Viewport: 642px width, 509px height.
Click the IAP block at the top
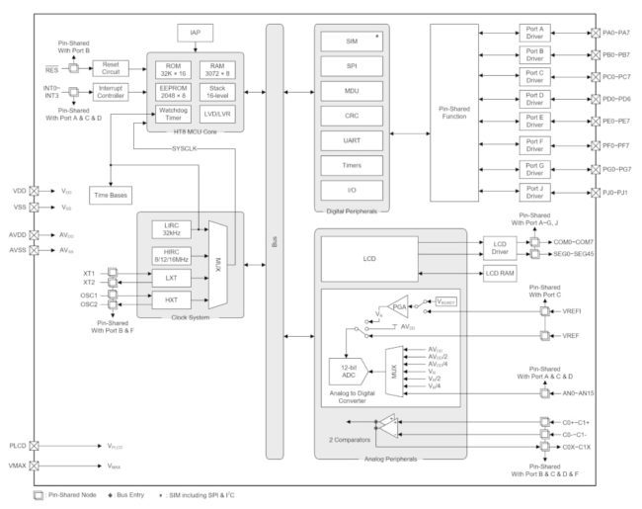(195, 33)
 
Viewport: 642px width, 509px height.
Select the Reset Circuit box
(111, 68)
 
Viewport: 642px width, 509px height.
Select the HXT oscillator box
(171, 299)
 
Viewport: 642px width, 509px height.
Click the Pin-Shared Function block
(453, 112)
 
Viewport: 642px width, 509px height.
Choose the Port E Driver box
(534, 122)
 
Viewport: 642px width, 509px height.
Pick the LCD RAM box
(499, 273)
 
